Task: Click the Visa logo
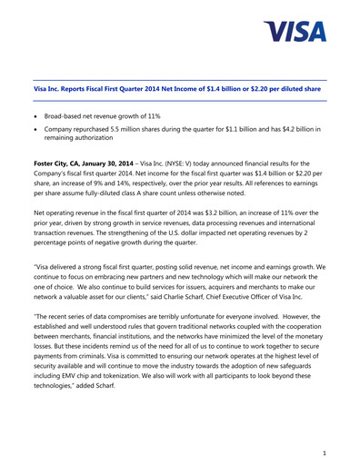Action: [296, 34]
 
